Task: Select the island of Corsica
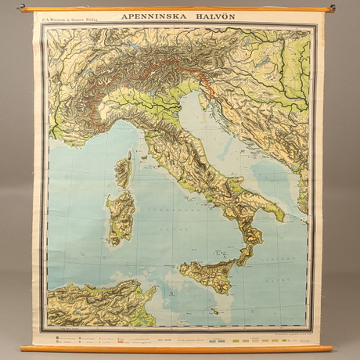point(124,171)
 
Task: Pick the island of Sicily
point(207,275)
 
